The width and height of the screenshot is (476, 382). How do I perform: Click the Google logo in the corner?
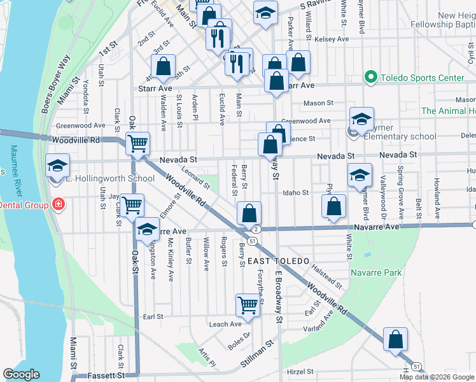pos(21,374)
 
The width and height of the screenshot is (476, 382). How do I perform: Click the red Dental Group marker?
pos(59,205)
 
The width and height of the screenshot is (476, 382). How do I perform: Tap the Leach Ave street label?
pos(225,324)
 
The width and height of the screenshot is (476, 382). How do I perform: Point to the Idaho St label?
pos(295,192)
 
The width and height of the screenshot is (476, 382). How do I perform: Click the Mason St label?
pos(318,103)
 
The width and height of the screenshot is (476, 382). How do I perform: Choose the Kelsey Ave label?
pos(336,39)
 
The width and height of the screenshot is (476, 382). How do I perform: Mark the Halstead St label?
pos(330,278)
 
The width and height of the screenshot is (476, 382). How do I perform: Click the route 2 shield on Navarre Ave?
pos(255,229)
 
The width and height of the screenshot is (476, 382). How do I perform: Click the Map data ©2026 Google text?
pos(437,377)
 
